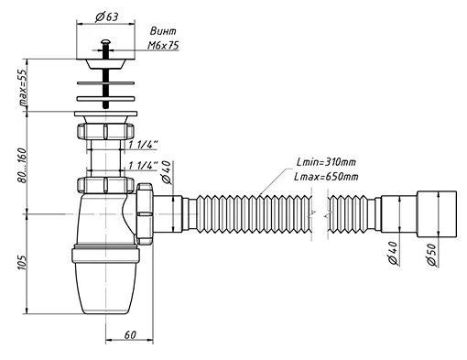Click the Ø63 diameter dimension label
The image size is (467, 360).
tap(106, 16)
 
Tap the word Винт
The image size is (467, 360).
tap(163, 31)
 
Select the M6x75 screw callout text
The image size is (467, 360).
tap(163, 46)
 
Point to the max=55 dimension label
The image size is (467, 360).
tap(23, 87)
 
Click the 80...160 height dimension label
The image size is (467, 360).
tap(23, 166)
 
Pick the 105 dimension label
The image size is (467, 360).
tap(22, 262)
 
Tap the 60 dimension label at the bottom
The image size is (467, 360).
tap(130, 335)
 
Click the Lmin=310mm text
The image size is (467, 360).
tap(326, 162)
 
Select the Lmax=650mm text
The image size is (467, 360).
tap(326, 177)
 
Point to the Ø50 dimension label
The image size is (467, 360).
tap(432, 255)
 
